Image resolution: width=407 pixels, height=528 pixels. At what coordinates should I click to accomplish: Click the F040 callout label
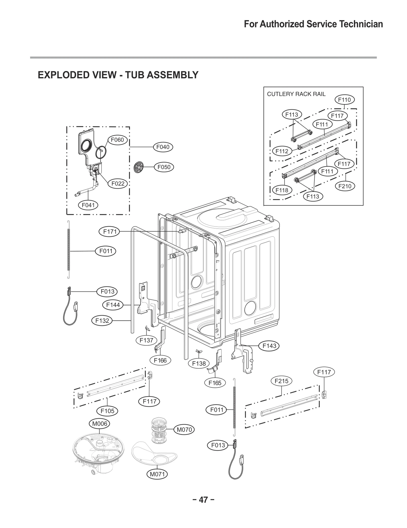pyautogui.click(x=163, y=147)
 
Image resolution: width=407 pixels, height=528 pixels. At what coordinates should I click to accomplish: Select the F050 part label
pyautogui.click(x=164, y=167)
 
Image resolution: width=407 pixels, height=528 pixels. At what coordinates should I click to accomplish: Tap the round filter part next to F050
pyautogui.click(x=138, y=168)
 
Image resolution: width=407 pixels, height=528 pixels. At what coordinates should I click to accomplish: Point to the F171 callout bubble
pyautogui.click(x=110, y=232)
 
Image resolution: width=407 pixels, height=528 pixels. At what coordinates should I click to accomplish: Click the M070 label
pyautogui.click(x=184, y=430)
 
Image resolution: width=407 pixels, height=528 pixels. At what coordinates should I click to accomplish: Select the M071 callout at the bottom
pyautogui.click(x=157, y=474)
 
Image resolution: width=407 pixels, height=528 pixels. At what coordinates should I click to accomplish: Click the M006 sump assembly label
pyautogui.click(x=99, y=424)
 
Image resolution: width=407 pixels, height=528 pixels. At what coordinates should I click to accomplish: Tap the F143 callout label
pyautogui.click(x=269, y=346)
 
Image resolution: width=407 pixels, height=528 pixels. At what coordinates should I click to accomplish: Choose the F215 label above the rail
pyautogui.click(x=281, y=381)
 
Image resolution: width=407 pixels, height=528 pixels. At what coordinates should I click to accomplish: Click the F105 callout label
pyautogui.click(x=107, y=411)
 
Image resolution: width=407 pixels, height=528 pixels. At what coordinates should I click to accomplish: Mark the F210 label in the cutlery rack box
pyautogui.click(x=345, y=186)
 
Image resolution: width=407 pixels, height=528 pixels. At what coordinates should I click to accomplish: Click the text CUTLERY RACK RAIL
pyautogui.click(x=296, y=94)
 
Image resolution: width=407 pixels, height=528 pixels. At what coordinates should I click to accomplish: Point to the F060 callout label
pyautogui.click(x=117, y=140)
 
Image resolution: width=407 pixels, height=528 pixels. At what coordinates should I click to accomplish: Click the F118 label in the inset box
pyautogui.click(x=282, y=190)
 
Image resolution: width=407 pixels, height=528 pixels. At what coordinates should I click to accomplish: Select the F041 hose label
pyautogui.click(x=88, y=205)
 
